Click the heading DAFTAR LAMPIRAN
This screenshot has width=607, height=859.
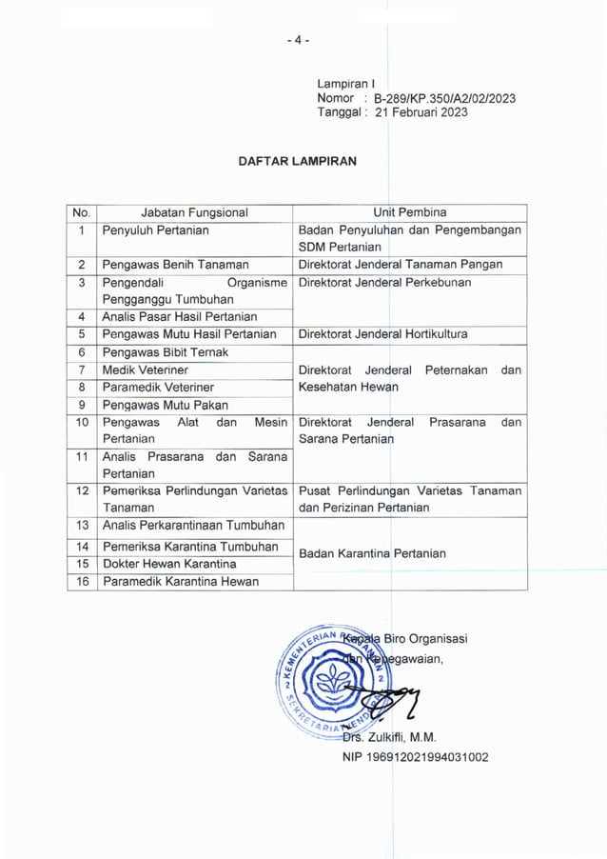[x=298, y=161]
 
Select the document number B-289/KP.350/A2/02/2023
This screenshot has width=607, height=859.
[x=445, y=98]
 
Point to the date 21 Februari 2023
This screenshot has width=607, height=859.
[x=421, y=112]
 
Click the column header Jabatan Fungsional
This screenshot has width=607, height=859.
[x=194, y=212]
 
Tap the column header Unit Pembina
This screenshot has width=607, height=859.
[x=410, y=212]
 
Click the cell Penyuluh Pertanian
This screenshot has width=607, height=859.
[x=156, y=230]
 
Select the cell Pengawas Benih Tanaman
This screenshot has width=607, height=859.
[x=176, y=265]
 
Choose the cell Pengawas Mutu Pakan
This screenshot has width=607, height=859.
[x=159, y=405]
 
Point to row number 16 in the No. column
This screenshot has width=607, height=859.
[x=82, y=582]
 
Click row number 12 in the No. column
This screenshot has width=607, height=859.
[x=82, y=490]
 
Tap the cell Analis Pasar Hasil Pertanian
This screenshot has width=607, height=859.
[x=180, y=317]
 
